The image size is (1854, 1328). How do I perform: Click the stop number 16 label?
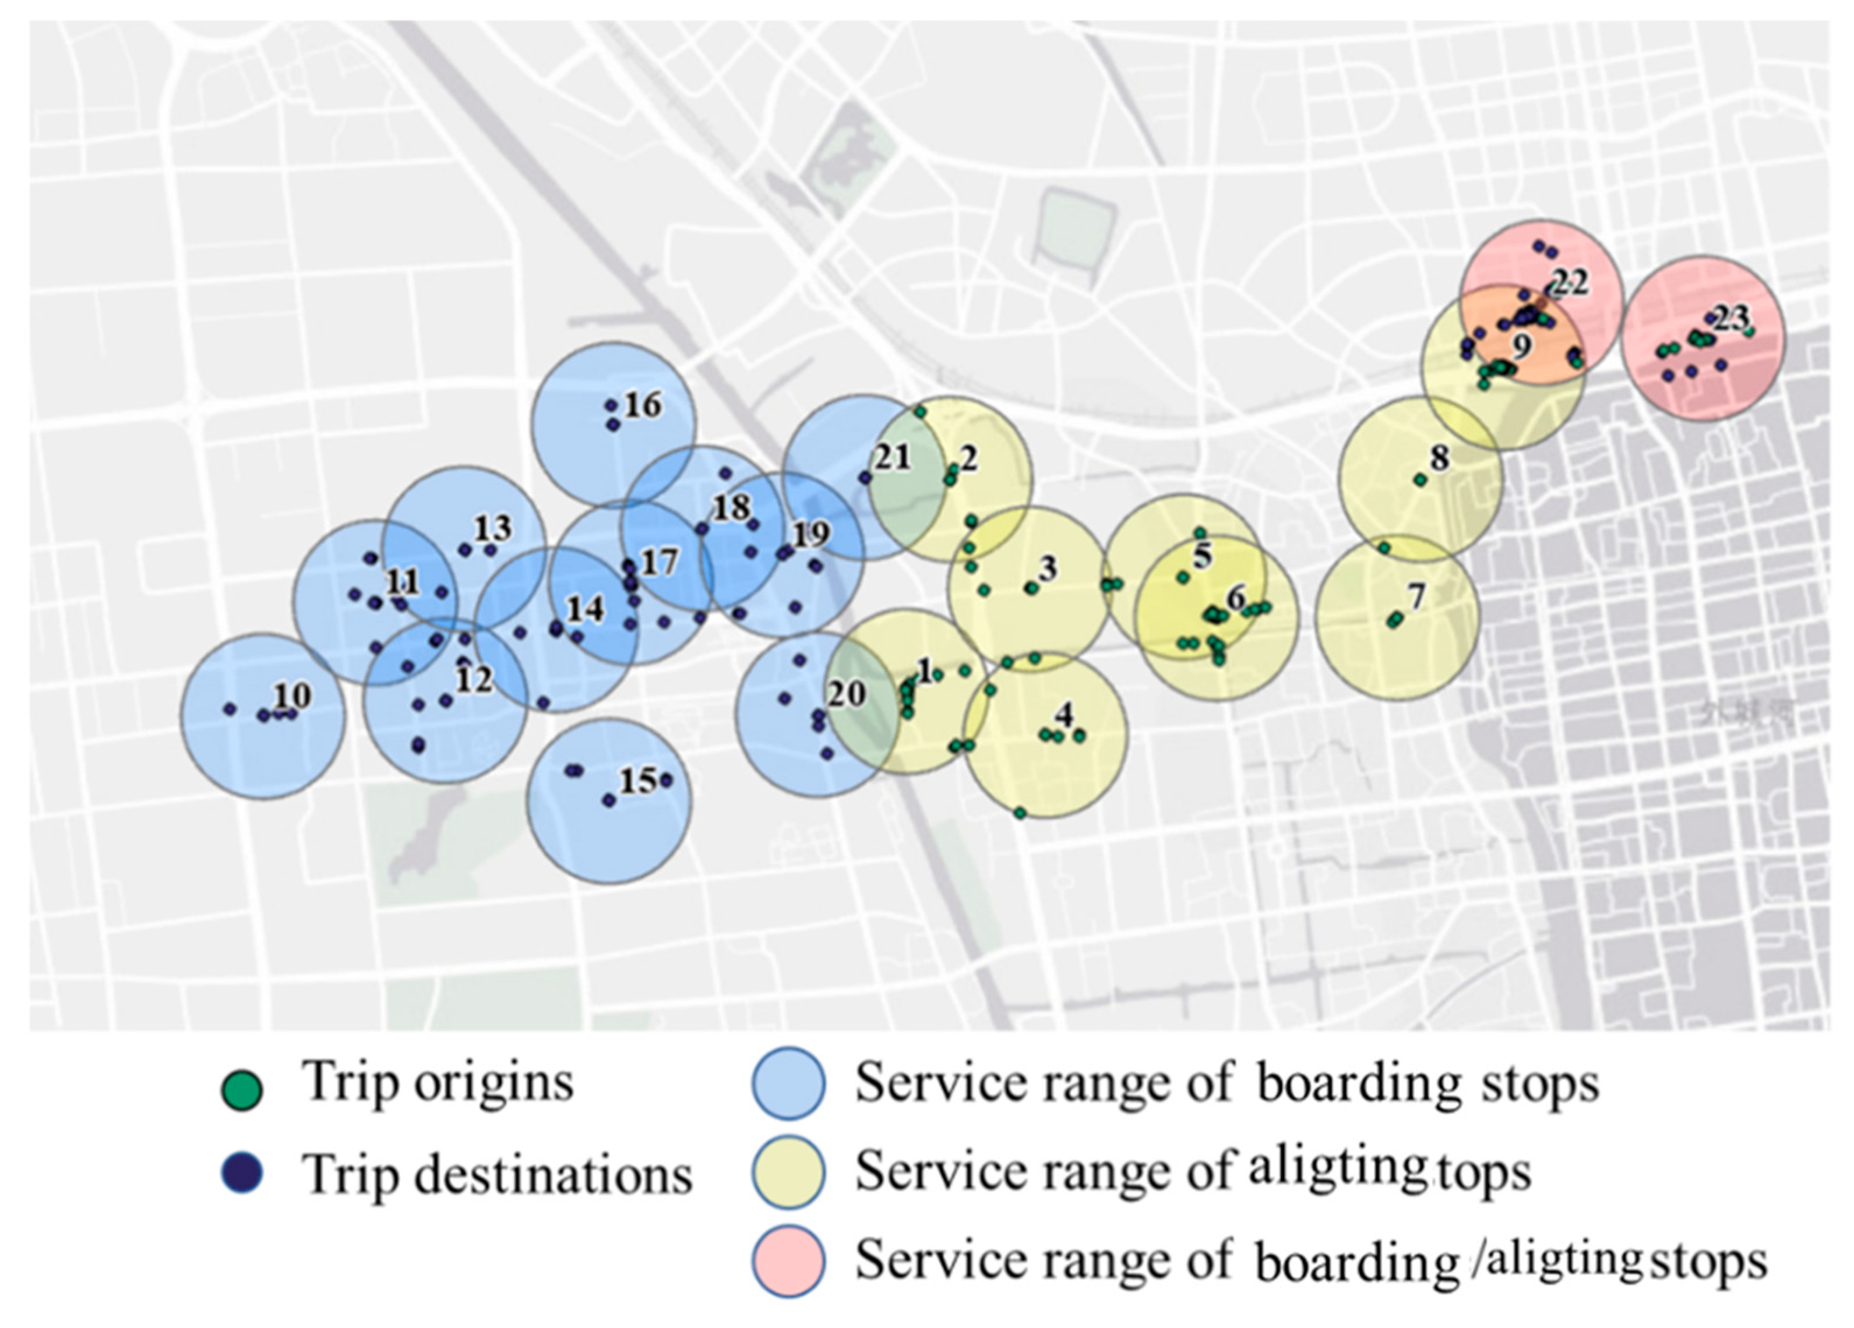pos(643,405)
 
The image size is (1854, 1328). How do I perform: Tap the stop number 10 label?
pos(292,695)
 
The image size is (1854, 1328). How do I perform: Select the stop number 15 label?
pos(637,781)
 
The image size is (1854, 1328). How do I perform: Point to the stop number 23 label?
pos(1730,318)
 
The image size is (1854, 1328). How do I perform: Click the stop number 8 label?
pos(1440,458)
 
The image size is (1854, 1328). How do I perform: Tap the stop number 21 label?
pos(892,458)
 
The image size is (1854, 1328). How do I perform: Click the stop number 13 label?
pos(493,529)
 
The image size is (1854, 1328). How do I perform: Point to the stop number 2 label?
pos(969,458)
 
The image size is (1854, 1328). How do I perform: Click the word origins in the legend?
pos(494,1083)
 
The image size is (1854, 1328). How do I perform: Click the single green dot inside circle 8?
pos(1421,480)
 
